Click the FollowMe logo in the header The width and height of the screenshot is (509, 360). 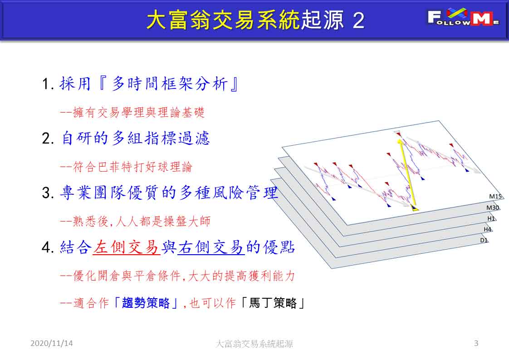point(463,18)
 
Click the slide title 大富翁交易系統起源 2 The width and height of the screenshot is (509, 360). point(255,20)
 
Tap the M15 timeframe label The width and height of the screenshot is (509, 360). point(495,197)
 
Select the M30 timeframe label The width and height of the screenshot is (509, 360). point(493,207)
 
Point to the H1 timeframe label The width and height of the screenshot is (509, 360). point(491,219)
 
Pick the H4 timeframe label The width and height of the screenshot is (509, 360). point(488,229)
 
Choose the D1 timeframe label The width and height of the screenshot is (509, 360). point(484,241)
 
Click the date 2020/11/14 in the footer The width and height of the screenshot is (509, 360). point(52,343)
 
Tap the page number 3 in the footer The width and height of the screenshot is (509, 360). point(476,343)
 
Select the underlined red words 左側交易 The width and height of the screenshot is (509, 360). point(126,247)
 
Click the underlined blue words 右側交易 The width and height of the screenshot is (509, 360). point(211,247)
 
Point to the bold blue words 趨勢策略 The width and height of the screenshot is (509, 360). point(146,303)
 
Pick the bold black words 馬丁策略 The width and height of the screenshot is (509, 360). point(273,303)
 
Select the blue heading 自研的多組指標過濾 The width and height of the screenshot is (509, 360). point(135,138)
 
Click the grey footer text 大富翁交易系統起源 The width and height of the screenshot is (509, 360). point(254,344)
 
